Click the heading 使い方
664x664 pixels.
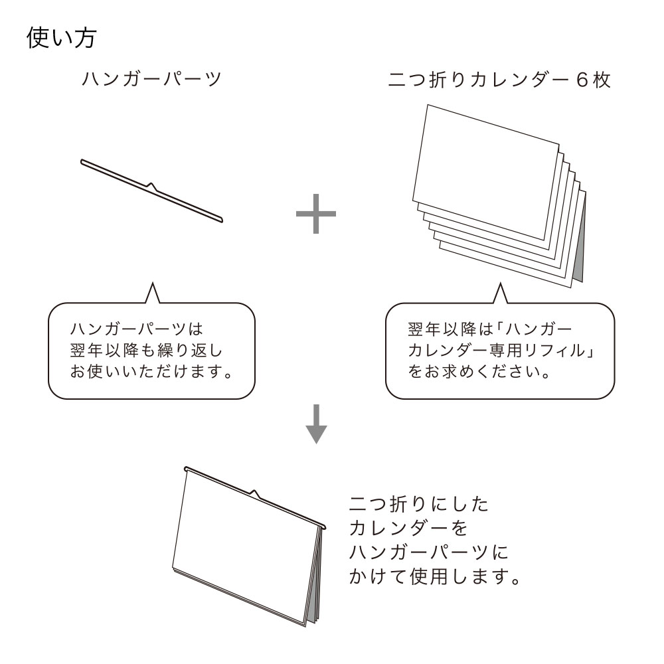[62, 38]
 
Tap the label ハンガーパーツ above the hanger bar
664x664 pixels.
[151, 79]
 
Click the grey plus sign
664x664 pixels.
[316, 214]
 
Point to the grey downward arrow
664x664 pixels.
[316, 424]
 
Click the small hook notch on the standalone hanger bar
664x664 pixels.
[151, 187]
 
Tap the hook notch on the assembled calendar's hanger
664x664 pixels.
[254, 493]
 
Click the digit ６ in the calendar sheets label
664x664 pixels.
[582, 80]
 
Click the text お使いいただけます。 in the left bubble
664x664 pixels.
[151, 372]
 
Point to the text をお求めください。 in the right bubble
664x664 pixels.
[479, 372]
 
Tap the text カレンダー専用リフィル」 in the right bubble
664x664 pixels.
[501, 351]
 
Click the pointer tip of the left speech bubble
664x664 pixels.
[152, 284]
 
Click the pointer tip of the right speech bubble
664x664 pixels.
[501, 284]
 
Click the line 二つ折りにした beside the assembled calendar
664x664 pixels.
[419, 505]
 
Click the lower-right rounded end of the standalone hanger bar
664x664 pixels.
[220, 219]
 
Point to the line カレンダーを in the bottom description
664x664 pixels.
[408, 528]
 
